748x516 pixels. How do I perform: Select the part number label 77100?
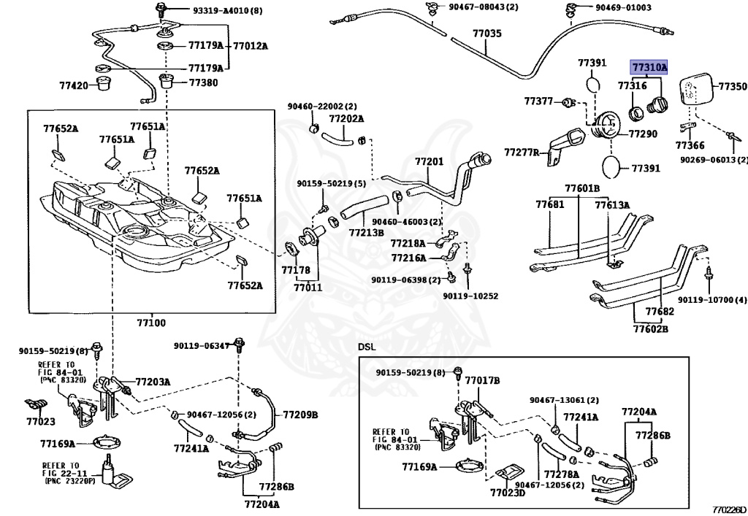coord(150,322)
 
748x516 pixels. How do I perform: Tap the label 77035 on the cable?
coord(486,34)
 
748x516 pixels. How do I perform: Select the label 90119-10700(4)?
coord(711,300)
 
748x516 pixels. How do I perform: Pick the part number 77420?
coord(74,85)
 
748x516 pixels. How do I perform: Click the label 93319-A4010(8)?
coord(207,11)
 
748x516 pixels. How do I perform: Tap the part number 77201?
coord(430,161)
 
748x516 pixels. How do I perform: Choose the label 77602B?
coord(649,328)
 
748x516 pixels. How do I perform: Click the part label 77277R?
coord(522,153)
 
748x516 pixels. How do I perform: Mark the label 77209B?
coord(300,415)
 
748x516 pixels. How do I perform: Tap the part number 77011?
coord(308,288)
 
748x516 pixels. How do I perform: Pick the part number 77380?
coord(203,82)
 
